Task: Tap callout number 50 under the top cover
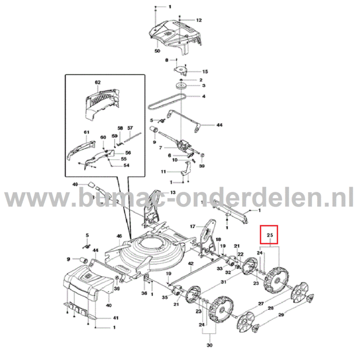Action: [x=157, y=51]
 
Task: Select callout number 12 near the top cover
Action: [x=199, y=20]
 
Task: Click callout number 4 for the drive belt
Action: [x=204, y=96]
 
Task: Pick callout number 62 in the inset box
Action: [x=97, y=82]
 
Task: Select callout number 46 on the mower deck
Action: [x=119, y=236]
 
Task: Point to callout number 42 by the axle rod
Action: [x=190, y=264]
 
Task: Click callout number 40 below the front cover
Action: [x=109, y=305]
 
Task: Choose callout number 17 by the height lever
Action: [x=193, y=226]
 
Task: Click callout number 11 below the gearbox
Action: [x=163, y=171]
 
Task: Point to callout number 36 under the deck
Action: [x=144, y=293]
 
